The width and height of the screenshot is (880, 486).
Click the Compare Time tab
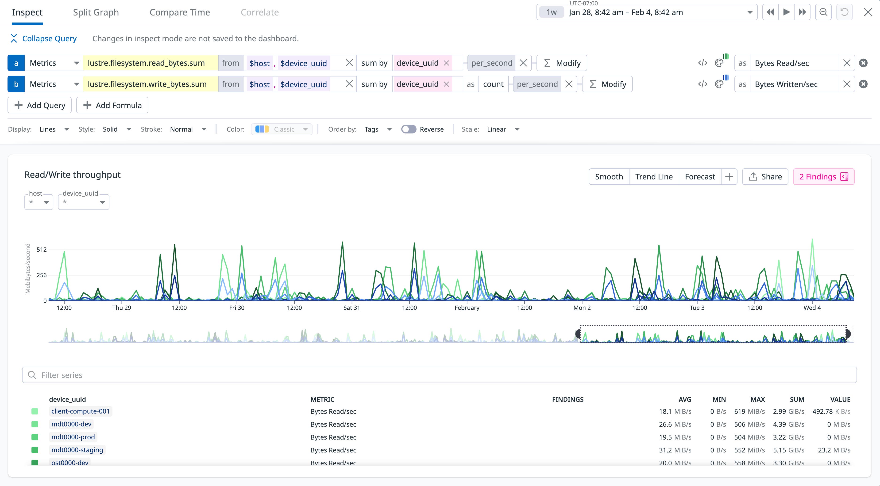pos(180,13)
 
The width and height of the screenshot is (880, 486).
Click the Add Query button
pos(40,105)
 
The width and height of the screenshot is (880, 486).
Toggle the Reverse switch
pos(409,129)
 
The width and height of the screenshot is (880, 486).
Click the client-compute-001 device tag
pos(81,411)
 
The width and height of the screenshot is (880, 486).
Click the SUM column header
pos(797,399)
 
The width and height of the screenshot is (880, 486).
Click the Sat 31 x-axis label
pos(351,308)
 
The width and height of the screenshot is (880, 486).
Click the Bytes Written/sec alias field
pos(794,84)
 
